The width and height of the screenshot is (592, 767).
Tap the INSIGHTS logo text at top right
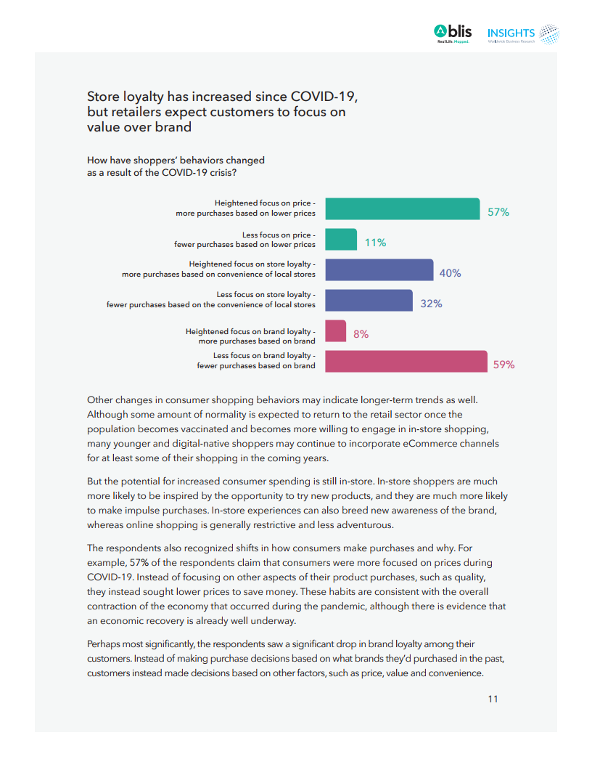(x=511, y=33)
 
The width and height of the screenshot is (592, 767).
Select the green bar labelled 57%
(x=402, y=208)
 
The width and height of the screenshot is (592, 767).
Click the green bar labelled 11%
(x=341, y=239)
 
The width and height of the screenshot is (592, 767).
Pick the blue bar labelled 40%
(x=379, y=269)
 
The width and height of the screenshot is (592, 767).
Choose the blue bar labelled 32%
(x=369, y=300)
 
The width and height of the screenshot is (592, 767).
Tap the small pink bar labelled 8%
(x=335, y=330)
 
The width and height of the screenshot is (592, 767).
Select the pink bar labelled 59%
(x=406, y=361)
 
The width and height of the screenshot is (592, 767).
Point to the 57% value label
(x=498, y=212)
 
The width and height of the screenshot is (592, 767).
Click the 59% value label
(x=503, y=365)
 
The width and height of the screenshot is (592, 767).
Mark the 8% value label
(x=361, y=334)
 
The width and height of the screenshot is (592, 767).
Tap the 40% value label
(x=450, y=273)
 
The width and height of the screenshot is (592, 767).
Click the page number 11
(x=493, y=699)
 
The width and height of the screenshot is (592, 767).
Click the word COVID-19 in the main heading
(x=324, y=97)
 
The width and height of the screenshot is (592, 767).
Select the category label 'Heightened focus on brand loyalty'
(x=250, y=331)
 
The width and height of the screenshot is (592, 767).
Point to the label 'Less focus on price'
(x=279, y=235)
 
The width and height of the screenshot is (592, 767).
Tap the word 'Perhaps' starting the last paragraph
(x=103, y=644)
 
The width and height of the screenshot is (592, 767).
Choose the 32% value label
(x=431, y=304)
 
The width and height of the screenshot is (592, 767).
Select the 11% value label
(x=375, y=243)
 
